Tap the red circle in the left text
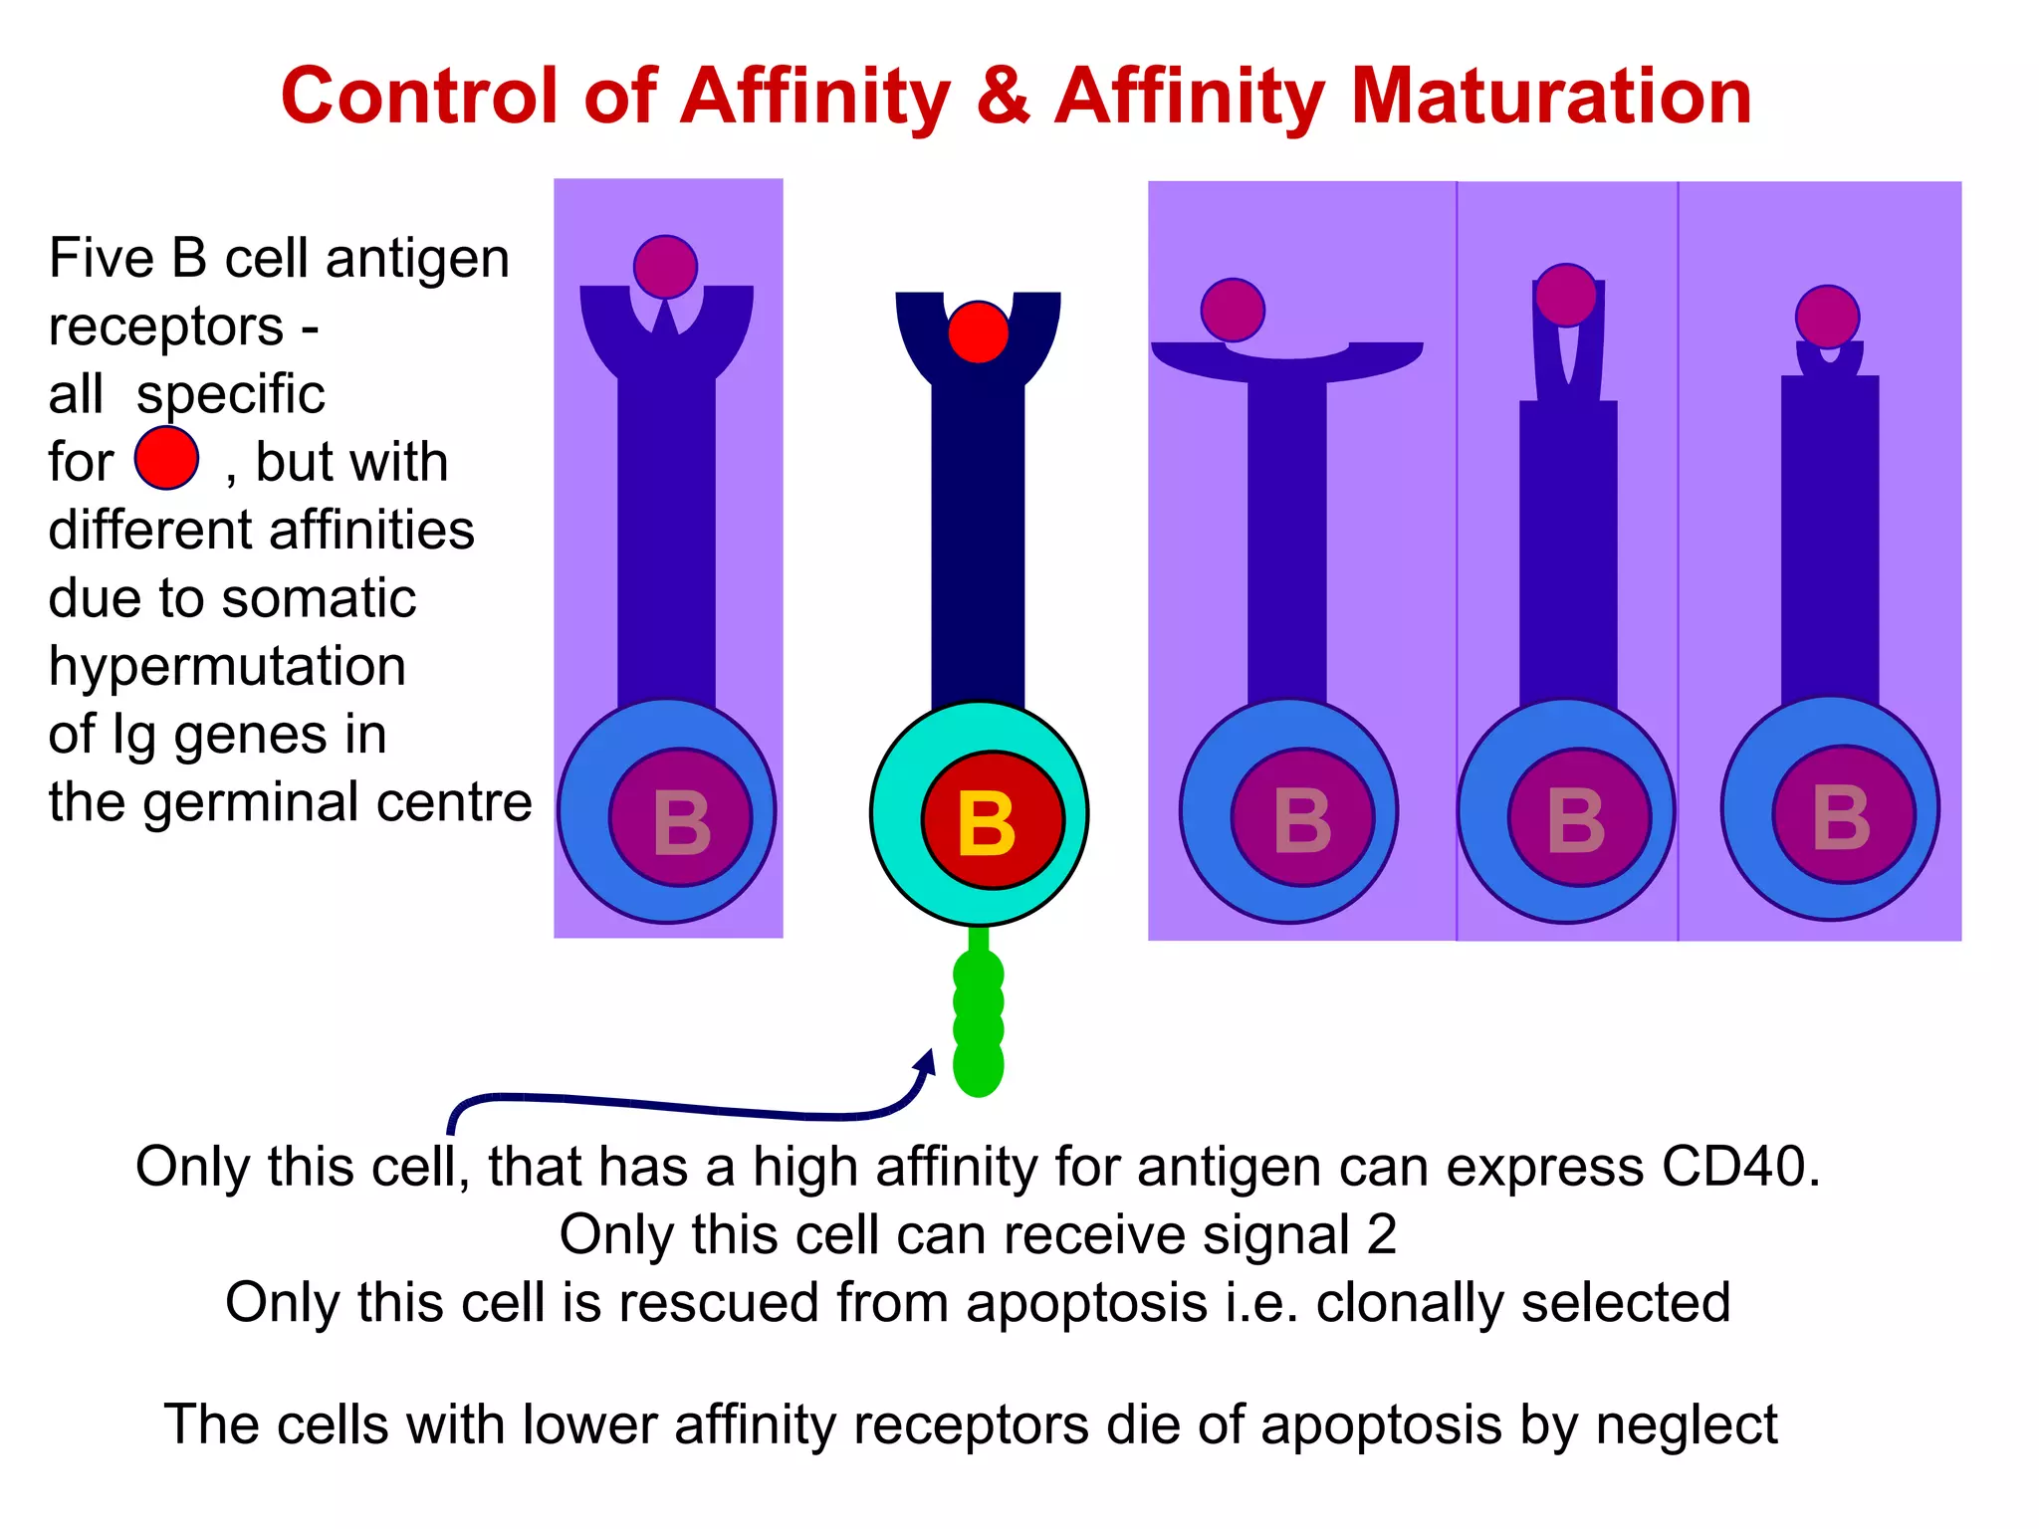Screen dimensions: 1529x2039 tap(166, 459)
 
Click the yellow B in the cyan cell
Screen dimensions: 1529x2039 tap(986, 824)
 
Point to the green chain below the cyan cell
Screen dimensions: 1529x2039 tap(978, 1020)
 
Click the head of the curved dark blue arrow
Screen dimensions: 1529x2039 tap(927, 1061)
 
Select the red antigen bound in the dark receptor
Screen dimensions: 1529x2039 tap(978, 332)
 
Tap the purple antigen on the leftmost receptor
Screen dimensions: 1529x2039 tap(665, 267)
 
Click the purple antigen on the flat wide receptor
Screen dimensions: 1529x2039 tap(1233, 310)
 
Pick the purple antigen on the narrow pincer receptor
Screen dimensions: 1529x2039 tap(1566, 296)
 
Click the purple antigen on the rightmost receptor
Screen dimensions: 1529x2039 tap(1827, 317)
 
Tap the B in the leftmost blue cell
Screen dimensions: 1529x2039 tap(682, 824)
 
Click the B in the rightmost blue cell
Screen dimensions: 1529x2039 tap(1842, 818)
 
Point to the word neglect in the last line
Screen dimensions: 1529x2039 tap(1687, 1424)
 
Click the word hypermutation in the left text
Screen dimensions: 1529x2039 tap(227, 667)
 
